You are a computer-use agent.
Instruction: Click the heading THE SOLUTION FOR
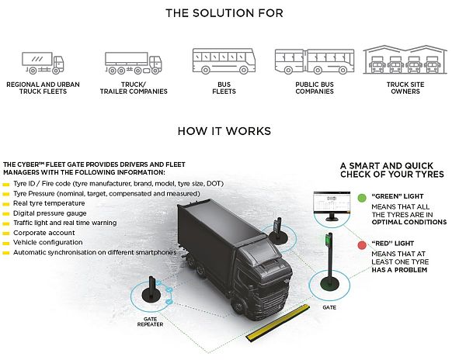tap(224, 13)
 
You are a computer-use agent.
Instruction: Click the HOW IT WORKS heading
tap(224, 130)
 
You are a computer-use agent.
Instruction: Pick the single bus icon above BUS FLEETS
tap(224, 61)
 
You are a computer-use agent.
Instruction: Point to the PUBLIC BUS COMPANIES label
tap(314, 87)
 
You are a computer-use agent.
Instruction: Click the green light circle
tap(363, 199)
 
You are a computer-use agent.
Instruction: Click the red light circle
tap(363, 245)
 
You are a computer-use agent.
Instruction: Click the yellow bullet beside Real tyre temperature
tap(6, 202)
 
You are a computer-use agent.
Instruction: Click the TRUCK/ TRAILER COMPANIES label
tap(133, 87)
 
